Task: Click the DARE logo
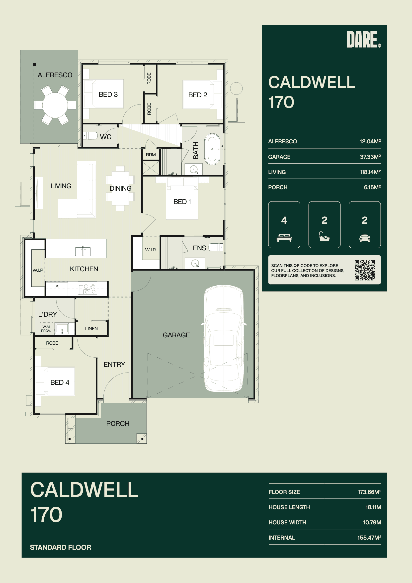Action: click(x=363, y=39)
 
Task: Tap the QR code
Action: click(x=365, y=270)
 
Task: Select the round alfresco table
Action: click(x=55, y=105)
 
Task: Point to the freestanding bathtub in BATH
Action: click(x=212, y=149)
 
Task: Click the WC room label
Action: click(x=106, y=137)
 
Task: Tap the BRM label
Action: click(x=151, y=155)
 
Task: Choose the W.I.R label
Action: click(x=151, y=250)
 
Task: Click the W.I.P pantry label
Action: click(x=38, y=270)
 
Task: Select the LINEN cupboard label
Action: click(x=91, y=329)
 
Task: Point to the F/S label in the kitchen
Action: click(x=56, y=286)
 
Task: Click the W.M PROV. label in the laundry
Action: click(x=46, y=329)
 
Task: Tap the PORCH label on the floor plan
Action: click(x=118, y=424)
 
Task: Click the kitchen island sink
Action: click(x=83, y=251)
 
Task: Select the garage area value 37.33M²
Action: click(x=370, y=157)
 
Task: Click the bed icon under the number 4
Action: click(x=284, y=238)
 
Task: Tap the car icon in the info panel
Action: click(x=365, y=238)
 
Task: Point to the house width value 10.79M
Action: click(x=372, y=522)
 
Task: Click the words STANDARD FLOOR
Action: click(x=60, y=547)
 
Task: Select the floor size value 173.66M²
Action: click(x=369, y=492)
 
